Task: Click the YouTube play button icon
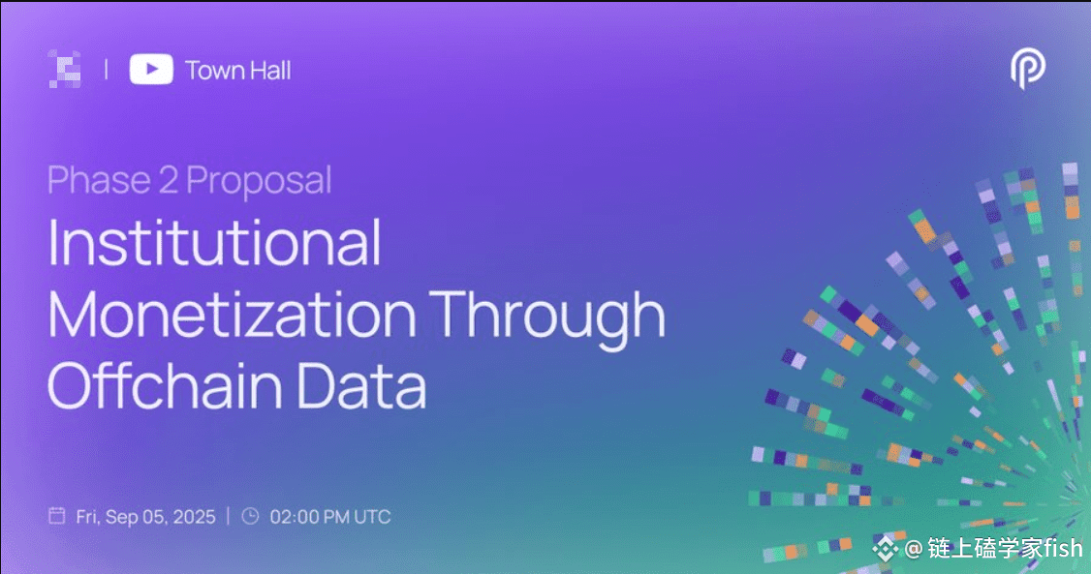pos(151,70)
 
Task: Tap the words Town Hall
pos(238,71)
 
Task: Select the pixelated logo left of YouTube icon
pos(65,70)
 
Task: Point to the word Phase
pos(99,180)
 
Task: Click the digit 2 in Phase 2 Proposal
pos(169,180)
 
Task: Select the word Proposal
pos(259,181)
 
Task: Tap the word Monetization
pos(232,314)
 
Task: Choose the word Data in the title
pos(361,385)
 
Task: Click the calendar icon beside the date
pos(57,516)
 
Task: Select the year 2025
pos(194,517)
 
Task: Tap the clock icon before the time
pos(251,516)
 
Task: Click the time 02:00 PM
pos(310,517)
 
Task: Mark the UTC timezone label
pos(372,517)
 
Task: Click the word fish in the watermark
pos(1063,548)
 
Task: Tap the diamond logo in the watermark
pos(885,549)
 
